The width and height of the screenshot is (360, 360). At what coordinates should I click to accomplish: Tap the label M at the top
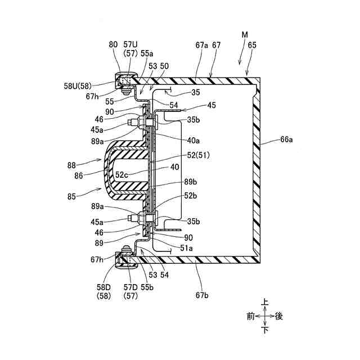pyautogui.click(x=245, y=35)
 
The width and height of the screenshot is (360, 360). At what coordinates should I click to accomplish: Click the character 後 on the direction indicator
pyautogui.click(x=279, y=316)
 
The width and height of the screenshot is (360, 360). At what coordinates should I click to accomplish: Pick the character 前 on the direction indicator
pyautogui.click(x=251, y=316)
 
